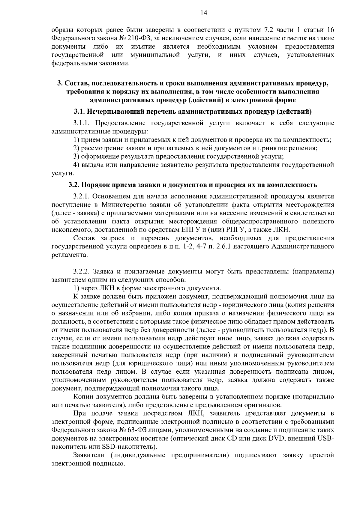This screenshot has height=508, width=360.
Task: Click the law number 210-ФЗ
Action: [x=141, y=38]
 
